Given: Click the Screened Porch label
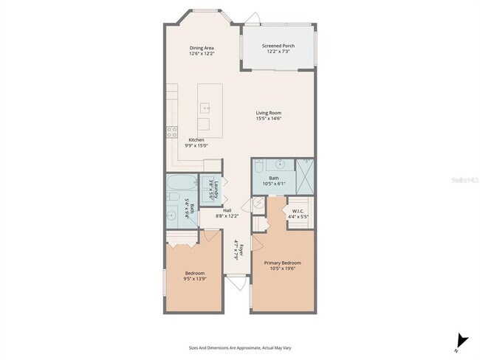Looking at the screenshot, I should click(278, 46).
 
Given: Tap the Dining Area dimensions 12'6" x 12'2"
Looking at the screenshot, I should click(202, 54).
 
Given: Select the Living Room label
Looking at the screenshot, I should click(270, 113).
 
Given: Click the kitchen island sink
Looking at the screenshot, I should click(203, 108).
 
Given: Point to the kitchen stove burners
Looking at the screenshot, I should click(172, 133).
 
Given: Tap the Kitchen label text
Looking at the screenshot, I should click(196, 140).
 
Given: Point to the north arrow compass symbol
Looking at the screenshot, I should click(462, 340).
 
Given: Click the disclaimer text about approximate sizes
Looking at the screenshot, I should click(240, 345).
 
